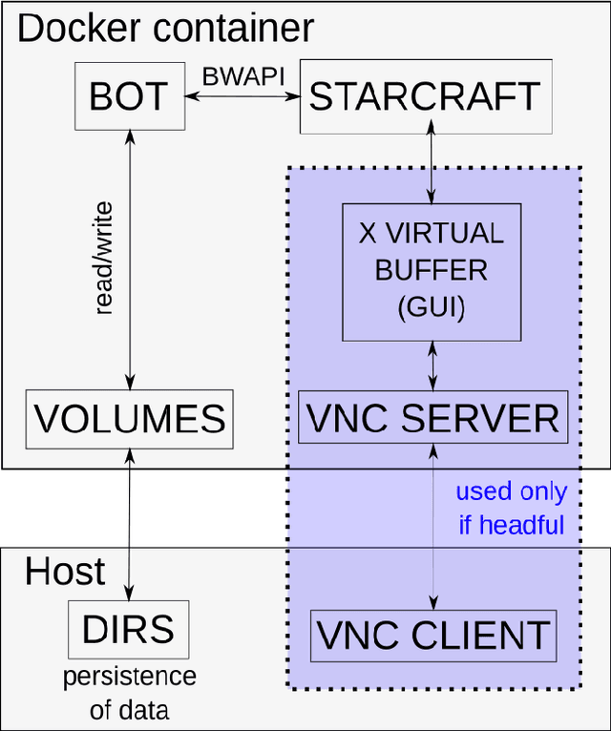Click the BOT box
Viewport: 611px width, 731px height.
(x=128, y=97)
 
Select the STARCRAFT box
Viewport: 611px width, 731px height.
(x=425, y=97)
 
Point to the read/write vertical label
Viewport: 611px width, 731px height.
(x=104, y=258)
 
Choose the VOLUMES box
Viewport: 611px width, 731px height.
(x=128, y=419)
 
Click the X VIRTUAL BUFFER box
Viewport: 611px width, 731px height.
(x=432, y=271)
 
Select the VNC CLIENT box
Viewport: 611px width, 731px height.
(x=432, y=636)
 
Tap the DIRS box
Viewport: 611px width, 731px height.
(x=128, y=630)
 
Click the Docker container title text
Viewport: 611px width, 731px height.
(x=164, y=29)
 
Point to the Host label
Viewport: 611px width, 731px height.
(x=65, y=572)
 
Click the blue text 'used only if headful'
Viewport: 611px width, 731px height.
(x=511, y=508)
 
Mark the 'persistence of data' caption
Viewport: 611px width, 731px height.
(x=129, y=692)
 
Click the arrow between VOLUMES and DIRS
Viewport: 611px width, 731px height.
(x=128, y=525)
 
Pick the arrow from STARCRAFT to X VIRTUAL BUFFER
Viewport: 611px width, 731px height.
(x=432, y=169)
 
